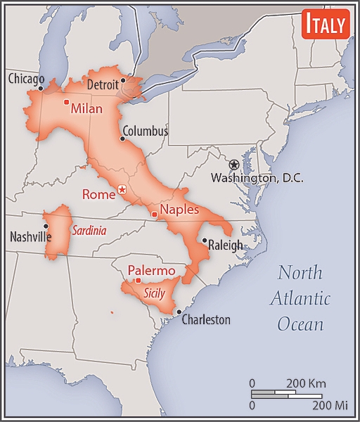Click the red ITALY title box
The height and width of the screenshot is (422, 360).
pos(325,25)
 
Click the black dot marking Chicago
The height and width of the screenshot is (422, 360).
pos(41,88)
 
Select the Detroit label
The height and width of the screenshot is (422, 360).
pos(103,85)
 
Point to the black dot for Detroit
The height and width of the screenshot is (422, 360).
pos(123,80)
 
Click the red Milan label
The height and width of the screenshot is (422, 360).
pos(86,109)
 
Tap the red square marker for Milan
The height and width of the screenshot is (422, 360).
pos(66,103)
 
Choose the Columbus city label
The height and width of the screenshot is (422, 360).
pos(145,131)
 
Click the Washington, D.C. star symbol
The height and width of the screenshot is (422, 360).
pos(234,164)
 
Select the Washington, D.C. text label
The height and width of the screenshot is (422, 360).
pos(257,179)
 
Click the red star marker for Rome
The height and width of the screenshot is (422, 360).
pos(122,188)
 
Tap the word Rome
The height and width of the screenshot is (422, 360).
pos(98,195)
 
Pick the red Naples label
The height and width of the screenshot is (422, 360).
pos(179,210)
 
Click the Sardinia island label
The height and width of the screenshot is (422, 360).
pos(89,230)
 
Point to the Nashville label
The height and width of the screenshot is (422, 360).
pos(30,237)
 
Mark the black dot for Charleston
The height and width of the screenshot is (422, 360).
pos(179,312)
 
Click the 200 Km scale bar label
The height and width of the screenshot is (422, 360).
pos(306,384)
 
